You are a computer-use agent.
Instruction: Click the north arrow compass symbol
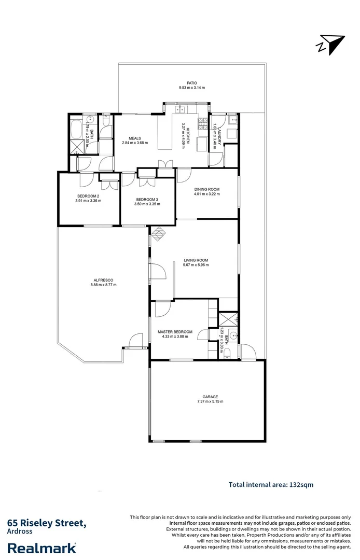pyautogui.click(x=330, y=44)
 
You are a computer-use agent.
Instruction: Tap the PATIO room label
pyautogui.click(x=192, y=82)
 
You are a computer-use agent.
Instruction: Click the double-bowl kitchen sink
pyautogui.click(x=183, y=109)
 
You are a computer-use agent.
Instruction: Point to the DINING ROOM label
pyautogui.click(x=207, y=189)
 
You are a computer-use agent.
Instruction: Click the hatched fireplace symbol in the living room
pyautogui.click(x=158, y=234)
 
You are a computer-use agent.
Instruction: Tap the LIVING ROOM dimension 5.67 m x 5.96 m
pyautogui.click(x=196, y=265)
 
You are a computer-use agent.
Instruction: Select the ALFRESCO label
pyautogui.click(x=103, y=280)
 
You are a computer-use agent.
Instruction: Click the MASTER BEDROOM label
pyautogui.click(x=175, y=332)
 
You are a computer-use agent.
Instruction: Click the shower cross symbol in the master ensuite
pyautogui.click(x=229, y=319)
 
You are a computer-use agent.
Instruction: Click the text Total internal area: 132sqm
pyautogui.click(x=271, y=485)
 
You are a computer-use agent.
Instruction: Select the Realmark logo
pyautogui.click(x=41, y=548)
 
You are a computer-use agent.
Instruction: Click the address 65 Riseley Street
pyautogui.click(x=46, y=523)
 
